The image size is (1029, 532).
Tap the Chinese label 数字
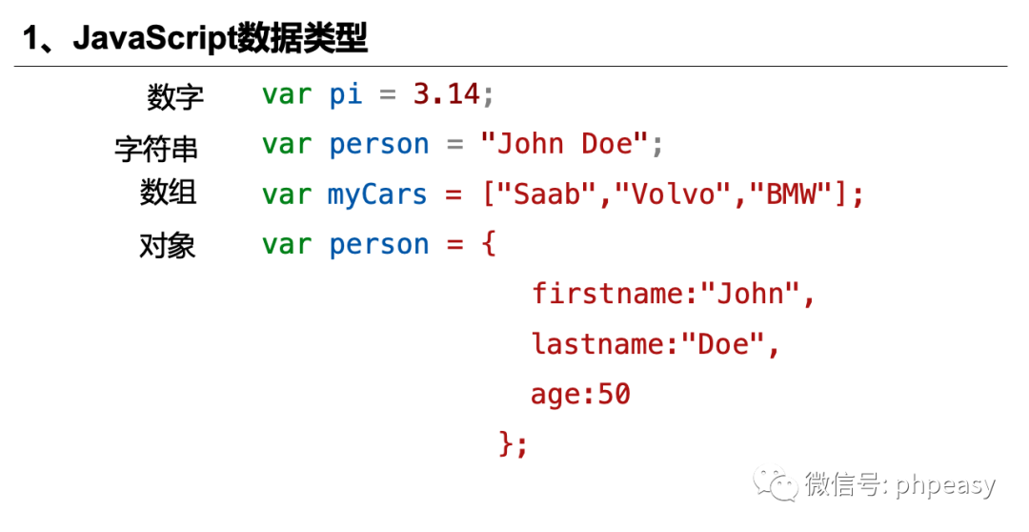(175, 96)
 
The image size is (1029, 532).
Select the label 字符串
(156, 148)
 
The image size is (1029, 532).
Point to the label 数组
(169, 193)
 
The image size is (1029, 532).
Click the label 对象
(168, 246)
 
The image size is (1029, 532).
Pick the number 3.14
(446, 93)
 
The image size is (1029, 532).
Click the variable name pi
(345, 93)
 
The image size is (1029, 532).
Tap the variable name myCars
(377, 194)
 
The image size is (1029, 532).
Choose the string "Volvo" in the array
(673, 194)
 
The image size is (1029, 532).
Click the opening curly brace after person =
(489, 245)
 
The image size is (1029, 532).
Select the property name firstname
(608, 294)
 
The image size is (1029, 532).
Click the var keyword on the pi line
(287, 93)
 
